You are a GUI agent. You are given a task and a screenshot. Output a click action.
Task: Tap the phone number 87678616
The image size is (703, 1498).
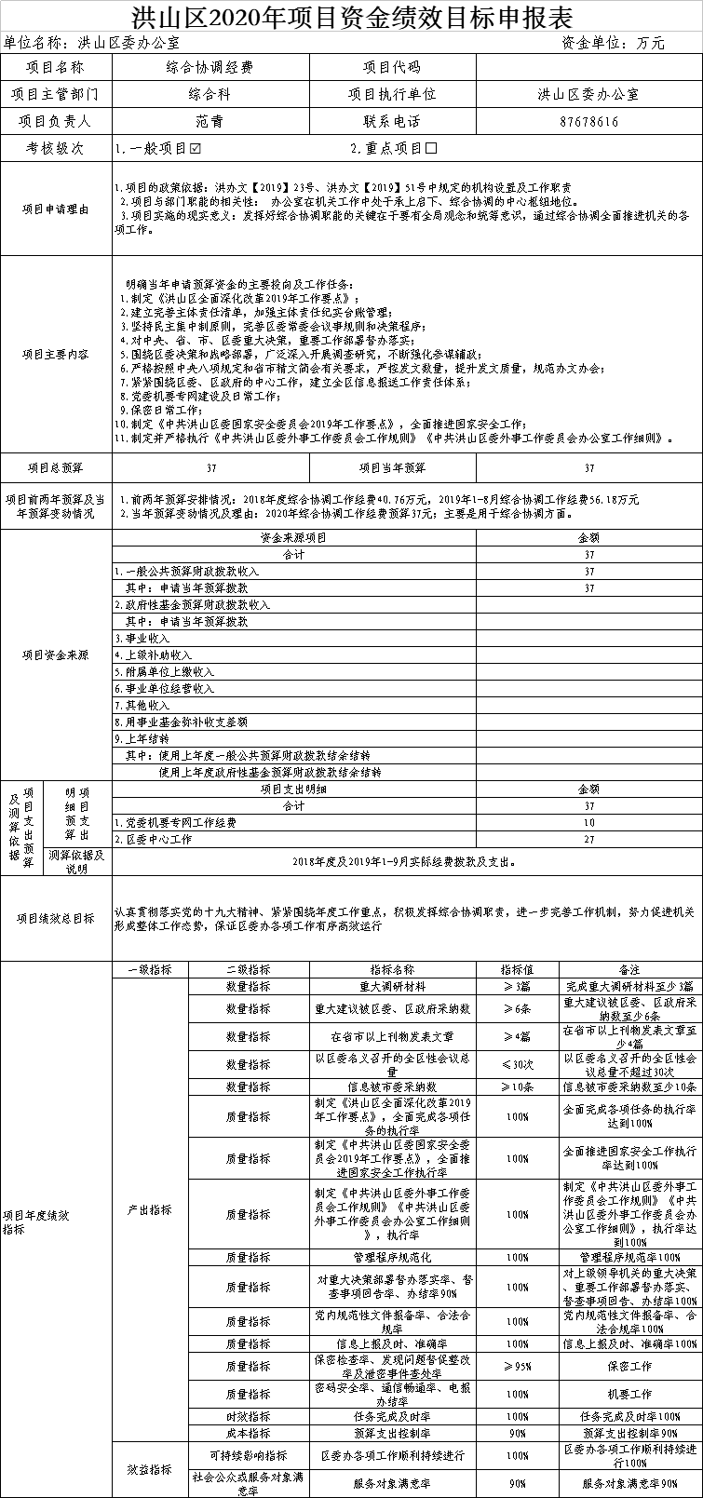click(x=589, y=121)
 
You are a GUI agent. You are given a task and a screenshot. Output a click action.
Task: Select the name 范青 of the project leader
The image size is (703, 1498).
click(x=210, y=121)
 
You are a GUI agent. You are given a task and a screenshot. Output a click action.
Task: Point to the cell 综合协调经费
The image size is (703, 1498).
click(x=210, y=67)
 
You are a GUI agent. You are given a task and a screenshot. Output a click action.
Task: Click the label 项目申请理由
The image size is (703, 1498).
click(x=56, y=209)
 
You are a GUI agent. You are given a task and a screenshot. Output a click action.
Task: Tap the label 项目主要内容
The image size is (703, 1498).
click(x=56, y=354)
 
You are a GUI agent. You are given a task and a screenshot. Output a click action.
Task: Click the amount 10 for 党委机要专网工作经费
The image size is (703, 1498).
click(x=589, y=823)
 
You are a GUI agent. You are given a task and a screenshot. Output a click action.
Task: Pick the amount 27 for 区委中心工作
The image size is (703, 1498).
click(x=589, y=839)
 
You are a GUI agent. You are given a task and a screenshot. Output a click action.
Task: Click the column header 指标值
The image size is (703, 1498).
click(x=517, y=969)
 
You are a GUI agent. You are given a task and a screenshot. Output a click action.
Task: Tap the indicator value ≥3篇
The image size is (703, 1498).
click(x=517, y=986)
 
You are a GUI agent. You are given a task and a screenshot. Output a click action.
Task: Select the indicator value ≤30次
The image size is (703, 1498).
click(x=517, y=1064)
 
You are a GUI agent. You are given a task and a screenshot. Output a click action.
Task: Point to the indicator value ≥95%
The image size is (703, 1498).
click(x=517, y=1366)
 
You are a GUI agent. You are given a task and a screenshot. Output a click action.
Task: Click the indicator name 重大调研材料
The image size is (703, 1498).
click(x=392, y=986)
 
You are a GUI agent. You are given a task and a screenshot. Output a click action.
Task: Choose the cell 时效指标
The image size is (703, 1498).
click(x=248, y=1416)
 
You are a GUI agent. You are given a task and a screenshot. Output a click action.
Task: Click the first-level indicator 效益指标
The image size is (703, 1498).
click(x=149, y=1469)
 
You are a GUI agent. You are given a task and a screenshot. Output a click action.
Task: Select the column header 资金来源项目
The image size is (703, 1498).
click(x=293, y=538)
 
